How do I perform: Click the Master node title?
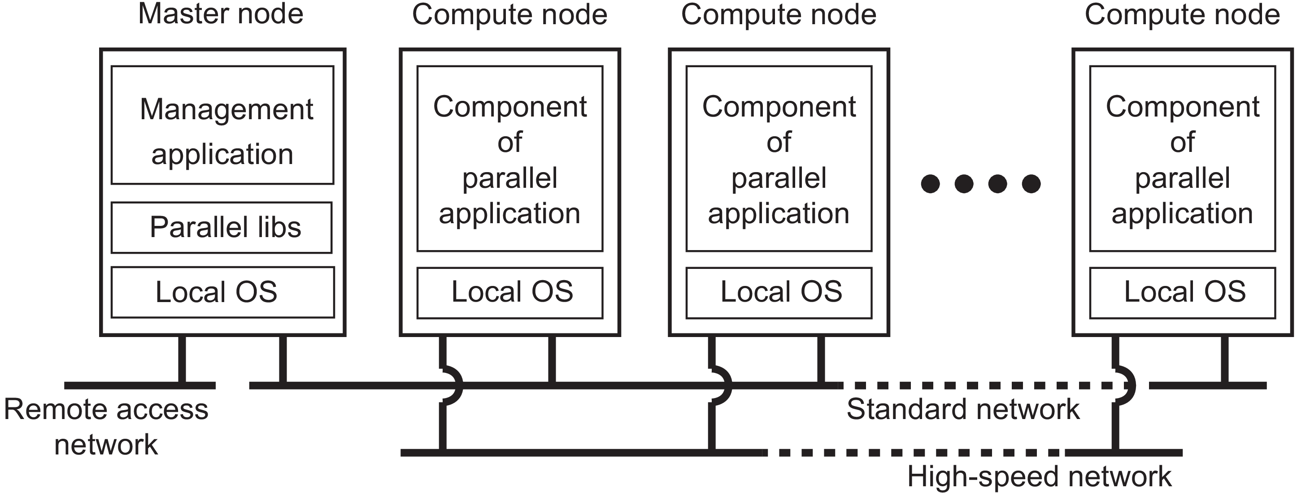[x=221, y=14]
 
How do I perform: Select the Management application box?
[x=222, y=125]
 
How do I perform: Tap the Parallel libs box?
[x=222, y=227]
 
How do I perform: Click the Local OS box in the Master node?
[x=222, y=292]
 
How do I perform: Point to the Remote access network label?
[x=106, y=427]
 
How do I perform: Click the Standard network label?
[x=963, y=409]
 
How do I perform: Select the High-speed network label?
[x=1039, y=476]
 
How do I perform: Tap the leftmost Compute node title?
[x=509, y=14]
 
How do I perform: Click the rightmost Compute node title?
[x=1182, y=14]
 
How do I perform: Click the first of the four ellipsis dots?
[x=930, y=184]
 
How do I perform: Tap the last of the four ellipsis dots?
[x=1031, y=184]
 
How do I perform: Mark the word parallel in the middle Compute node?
[x=779, y=178]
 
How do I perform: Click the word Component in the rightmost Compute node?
[x=1182, y=107]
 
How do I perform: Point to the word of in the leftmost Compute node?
[x=509, y=143]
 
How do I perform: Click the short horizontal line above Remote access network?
[x=140, y=385]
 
